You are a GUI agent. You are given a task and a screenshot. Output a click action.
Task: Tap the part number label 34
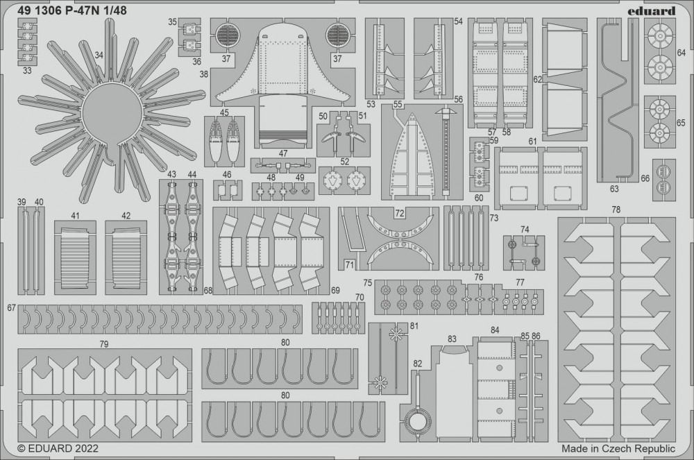99,56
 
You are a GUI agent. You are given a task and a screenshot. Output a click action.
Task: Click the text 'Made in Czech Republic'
618,448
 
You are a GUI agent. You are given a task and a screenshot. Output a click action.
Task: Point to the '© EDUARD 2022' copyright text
58,448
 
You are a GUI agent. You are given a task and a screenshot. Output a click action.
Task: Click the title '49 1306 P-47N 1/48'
73,10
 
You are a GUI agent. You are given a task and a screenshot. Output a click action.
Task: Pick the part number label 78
616,210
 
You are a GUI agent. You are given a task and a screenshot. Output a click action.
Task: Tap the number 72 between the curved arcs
399,214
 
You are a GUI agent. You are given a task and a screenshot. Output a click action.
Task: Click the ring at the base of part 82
418,423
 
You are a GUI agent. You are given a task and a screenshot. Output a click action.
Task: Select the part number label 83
452,339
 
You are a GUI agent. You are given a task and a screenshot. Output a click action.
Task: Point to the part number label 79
104,343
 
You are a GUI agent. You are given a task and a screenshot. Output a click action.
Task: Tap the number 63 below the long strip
614,189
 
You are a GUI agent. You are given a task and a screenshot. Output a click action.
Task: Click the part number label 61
532,142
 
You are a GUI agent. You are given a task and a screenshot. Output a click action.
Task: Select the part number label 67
12,308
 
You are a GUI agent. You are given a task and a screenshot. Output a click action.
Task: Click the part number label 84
495,330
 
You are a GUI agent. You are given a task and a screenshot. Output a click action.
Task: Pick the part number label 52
345,162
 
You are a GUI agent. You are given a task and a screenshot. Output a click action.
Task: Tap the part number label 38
203,74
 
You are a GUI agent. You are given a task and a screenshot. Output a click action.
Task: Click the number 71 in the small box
350,265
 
